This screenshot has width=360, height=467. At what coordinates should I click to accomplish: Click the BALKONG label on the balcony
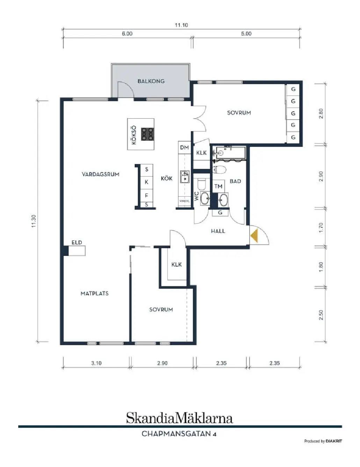(x=151, y=81)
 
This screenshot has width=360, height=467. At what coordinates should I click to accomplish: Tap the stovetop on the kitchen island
(x=148, y=134)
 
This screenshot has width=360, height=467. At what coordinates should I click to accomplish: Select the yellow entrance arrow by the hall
(x=254, y=236)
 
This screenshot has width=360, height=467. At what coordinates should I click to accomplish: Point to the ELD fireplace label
(x=77, y=242)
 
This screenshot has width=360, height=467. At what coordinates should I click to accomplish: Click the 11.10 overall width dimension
(x=181, y=25)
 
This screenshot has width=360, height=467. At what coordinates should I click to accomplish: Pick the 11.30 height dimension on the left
(x=34, y=221)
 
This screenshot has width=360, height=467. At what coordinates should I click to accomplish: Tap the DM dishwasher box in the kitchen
(x=185, y=148)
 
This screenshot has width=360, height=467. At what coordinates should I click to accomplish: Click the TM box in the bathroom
(x=218, y=186)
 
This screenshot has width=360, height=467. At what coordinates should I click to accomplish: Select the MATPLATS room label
(x=95, y=293)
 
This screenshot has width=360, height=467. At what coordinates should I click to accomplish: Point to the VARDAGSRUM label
(x=100, y=174)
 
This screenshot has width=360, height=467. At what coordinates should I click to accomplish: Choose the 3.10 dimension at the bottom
(x=96, y=363)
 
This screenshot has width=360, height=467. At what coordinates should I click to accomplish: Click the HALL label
(x=218, y=231)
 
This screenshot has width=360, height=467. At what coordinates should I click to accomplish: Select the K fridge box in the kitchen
(x=146, y=182)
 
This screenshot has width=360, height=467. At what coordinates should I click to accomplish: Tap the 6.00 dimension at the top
(x=127, y=34)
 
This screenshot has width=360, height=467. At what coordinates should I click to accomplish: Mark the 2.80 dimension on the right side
(x=321, y=114)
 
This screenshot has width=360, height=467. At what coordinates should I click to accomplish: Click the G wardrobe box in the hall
(x=220, y=213)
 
